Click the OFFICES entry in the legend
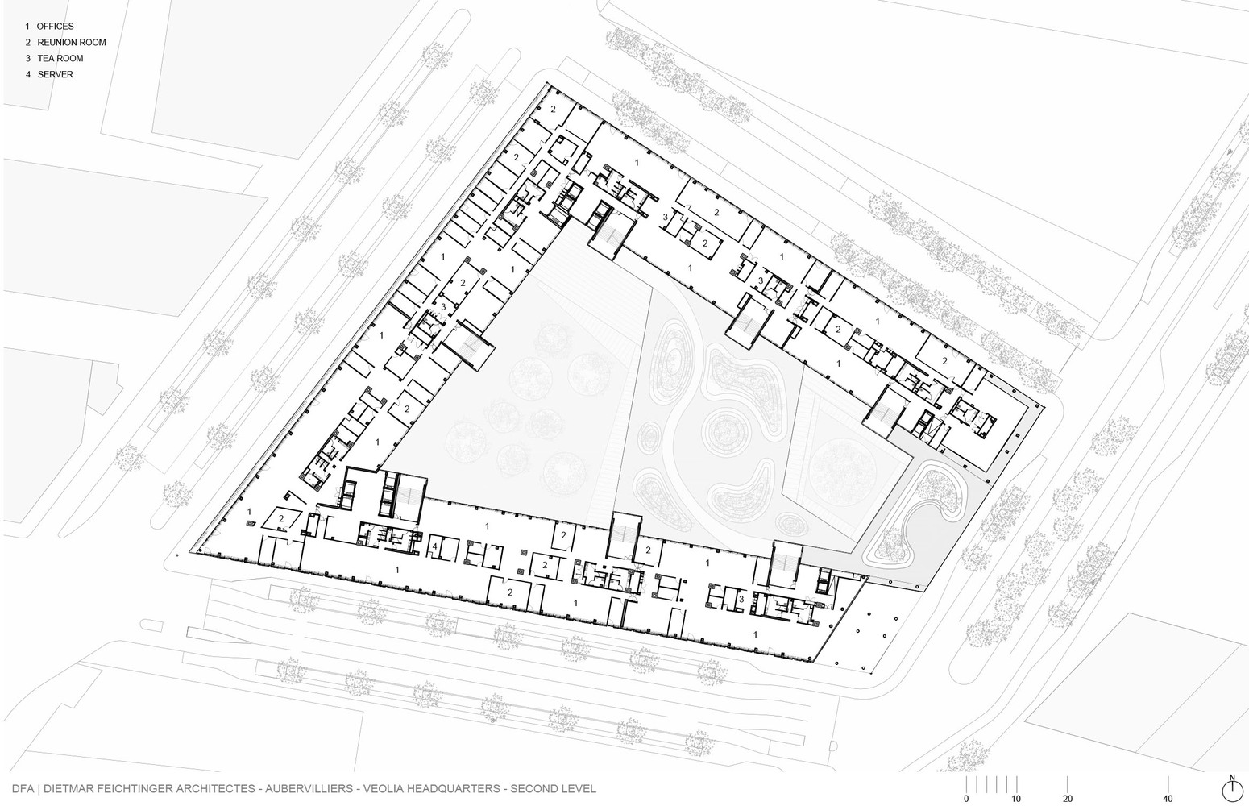point(49,27)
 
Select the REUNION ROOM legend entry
point(65,43)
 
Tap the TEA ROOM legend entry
point(54,59)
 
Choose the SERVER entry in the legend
point(49,75)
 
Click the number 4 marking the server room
point(435,546)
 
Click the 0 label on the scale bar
point(966,799)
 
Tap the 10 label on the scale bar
point(1016,799)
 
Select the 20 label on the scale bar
point(1067,799)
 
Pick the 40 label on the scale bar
point(1168,799)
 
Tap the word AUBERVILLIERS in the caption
point(309,789)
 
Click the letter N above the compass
point(1232,777)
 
